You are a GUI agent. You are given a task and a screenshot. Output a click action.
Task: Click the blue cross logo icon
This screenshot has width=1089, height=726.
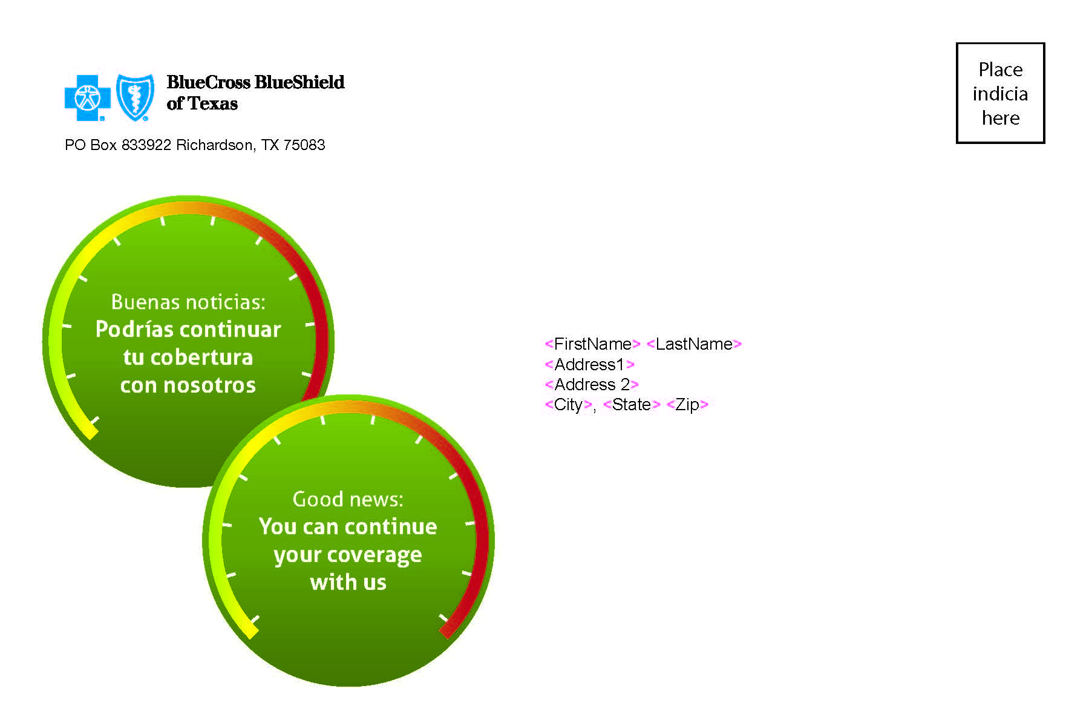[88, 97]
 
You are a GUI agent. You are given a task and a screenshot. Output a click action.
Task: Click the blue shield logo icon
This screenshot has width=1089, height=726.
[135, 97]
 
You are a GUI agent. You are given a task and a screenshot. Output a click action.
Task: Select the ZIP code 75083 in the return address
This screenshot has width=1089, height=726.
[304, 145]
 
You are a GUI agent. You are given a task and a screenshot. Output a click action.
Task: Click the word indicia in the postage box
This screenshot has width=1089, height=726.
[1000, 94]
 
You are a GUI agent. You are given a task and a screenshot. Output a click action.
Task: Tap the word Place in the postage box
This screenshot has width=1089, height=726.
[1001, 70]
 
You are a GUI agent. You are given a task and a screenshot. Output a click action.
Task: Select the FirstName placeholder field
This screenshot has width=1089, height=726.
[593, 344]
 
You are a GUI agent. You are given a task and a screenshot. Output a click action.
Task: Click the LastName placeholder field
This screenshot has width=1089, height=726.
[694, 344]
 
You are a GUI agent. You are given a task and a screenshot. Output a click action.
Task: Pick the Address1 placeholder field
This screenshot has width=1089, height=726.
[590, 365]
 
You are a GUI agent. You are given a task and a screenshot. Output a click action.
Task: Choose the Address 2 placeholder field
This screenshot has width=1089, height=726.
[592, 385]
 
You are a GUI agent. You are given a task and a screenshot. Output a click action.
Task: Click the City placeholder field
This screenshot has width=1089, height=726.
[569, 405]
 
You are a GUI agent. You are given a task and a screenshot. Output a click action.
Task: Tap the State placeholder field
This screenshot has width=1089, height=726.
[632, 405]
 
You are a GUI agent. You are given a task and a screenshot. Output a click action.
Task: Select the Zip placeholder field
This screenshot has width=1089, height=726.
[687, 405]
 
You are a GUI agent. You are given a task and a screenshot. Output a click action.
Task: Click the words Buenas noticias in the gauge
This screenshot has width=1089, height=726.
[188, 302]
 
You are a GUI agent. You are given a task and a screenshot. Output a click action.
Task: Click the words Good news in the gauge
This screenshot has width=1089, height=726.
[348, 499]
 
